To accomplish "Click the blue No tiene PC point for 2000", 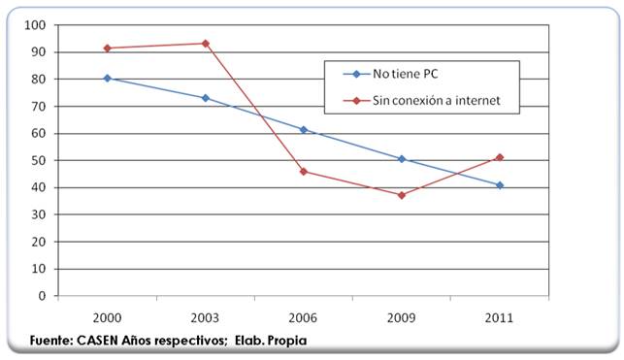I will coord(107,79).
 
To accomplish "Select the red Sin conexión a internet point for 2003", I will coord(205,44).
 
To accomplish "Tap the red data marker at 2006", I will coord(304,172).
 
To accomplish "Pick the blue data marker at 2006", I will coord(304,130).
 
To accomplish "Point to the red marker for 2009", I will coord(402,195).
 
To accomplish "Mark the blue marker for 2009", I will coord(402,159).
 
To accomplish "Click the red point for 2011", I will coord(500,157).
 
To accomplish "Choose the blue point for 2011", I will coord(500,185).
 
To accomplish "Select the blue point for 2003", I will coord(205,98).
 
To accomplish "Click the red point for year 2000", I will coord(107,49).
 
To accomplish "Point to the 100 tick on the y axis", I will coord(37,25).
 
